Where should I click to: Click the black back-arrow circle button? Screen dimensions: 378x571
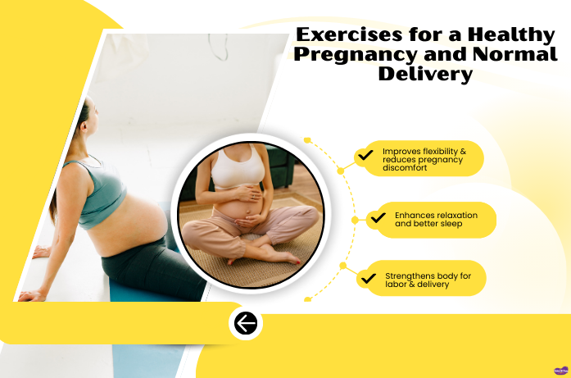246,324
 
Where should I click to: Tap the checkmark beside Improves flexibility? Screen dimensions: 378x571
365,155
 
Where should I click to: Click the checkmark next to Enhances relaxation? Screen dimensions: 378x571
378,218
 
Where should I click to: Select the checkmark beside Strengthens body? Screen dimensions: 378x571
368,279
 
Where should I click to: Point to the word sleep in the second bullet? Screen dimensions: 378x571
456,223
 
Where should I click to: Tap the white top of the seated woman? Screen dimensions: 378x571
238,169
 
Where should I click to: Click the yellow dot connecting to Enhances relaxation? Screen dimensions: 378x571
355,220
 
